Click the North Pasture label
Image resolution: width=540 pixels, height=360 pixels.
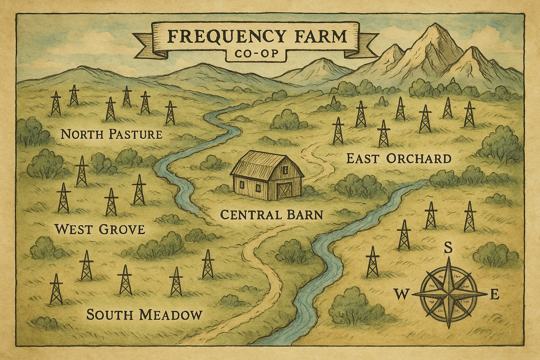click(111, 134)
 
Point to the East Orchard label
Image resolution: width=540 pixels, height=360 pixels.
click(399, 159)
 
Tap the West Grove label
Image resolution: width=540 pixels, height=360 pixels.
click(100, 230)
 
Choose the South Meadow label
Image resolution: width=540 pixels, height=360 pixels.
click(144, 315)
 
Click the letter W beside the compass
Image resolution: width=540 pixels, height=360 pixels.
click(401, 294)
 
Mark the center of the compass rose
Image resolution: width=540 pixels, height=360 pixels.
click(449, 293)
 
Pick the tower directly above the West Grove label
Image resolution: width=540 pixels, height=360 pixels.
click(111, 202)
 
